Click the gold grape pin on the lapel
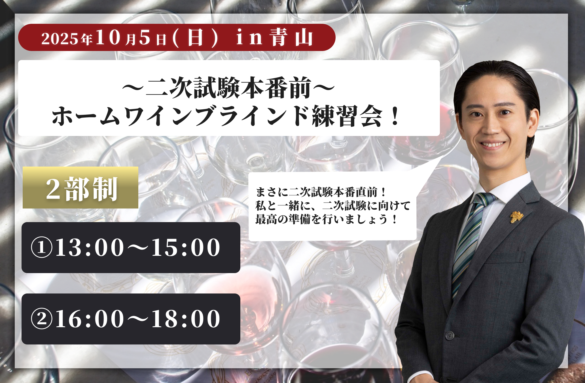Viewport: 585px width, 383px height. point(516,217)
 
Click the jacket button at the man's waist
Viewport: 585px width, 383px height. point(450,335)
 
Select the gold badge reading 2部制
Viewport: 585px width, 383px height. point(80,188)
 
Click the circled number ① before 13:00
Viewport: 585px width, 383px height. point(42,247)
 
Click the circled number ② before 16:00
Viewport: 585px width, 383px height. point(42,319)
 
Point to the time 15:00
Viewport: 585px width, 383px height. point(186,247)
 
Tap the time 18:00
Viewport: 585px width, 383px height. point(186,319)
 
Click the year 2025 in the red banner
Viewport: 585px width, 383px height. point(60,39)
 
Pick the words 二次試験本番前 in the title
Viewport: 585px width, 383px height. point(228,88)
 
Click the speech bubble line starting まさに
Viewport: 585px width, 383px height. point(321,192)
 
